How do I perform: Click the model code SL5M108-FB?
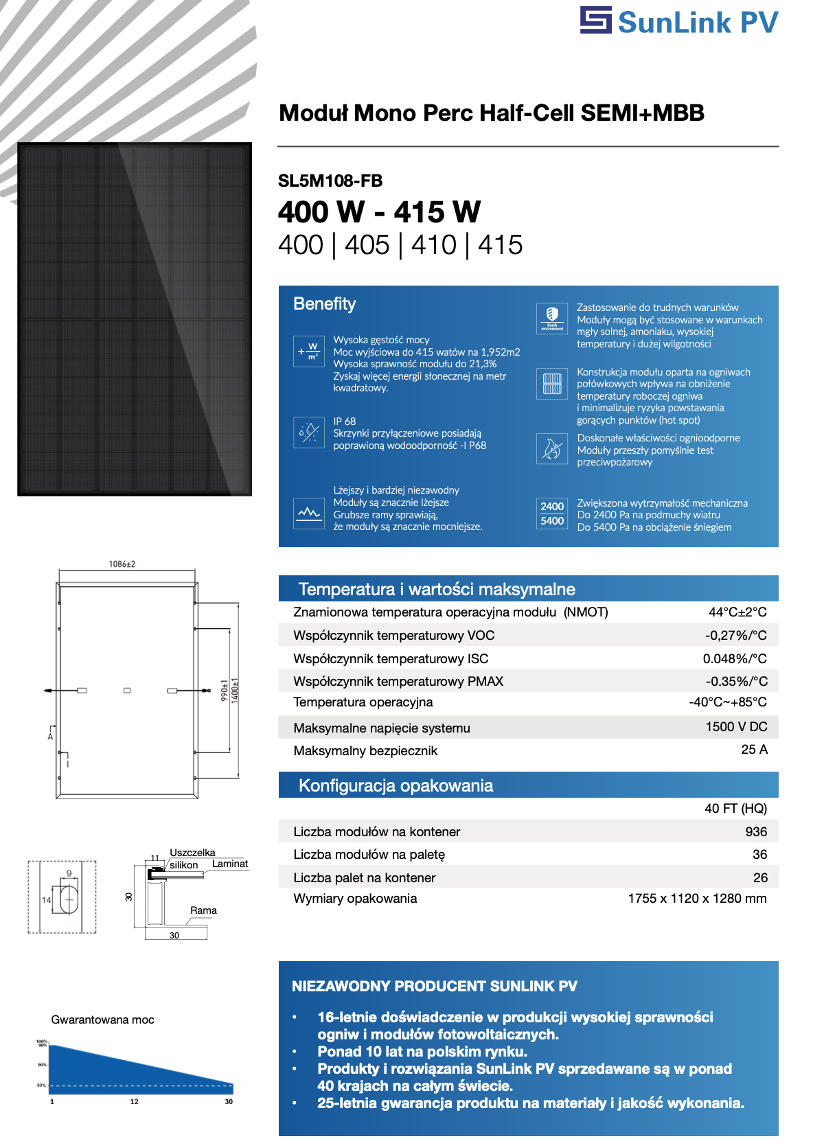tap(330, 181)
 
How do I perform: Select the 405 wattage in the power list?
tap(367, 245)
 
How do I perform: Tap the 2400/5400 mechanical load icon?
tap(552, 514)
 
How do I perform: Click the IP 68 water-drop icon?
tap(309, 433)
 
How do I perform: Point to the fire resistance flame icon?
tap(552, 450)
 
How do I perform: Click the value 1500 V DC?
tap(736, 727)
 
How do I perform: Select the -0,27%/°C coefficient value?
tap(735, 636)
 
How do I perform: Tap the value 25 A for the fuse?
tap(754, 750)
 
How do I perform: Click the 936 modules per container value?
tap(756, 832)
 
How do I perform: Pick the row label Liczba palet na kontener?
tap(365, 878)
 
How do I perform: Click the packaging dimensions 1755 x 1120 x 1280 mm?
tap(697, 899)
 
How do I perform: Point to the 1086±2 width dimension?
tap(122, 564)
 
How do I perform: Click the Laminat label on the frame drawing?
tap(230, 864)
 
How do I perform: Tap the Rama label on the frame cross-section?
tap(203, 911)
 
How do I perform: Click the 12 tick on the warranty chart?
tap(135, 1101)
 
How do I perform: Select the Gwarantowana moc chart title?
tap(103, 1020)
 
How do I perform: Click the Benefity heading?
tap(325, 304)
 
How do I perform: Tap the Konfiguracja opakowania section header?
tap(396, 786)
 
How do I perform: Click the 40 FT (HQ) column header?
tap(735, 809)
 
